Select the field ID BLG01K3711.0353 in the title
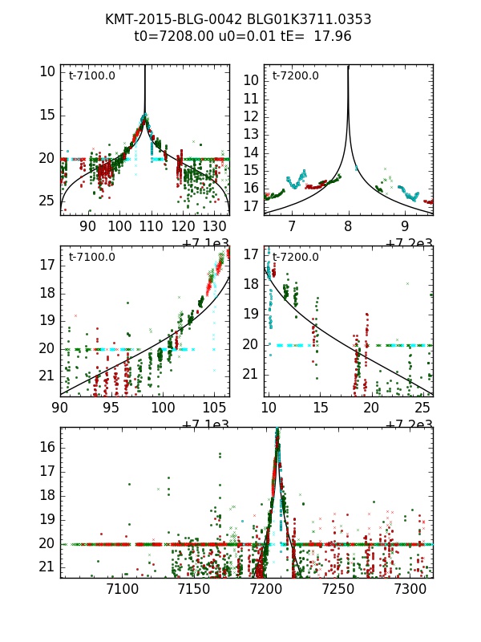[309, 19]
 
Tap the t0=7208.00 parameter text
[172, 36]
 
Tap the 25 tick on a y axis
[47, 200]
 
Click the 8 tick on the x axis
[349, 227]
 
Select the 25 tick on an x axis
[422, 408]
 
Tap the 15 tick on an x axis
[321, 408]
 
